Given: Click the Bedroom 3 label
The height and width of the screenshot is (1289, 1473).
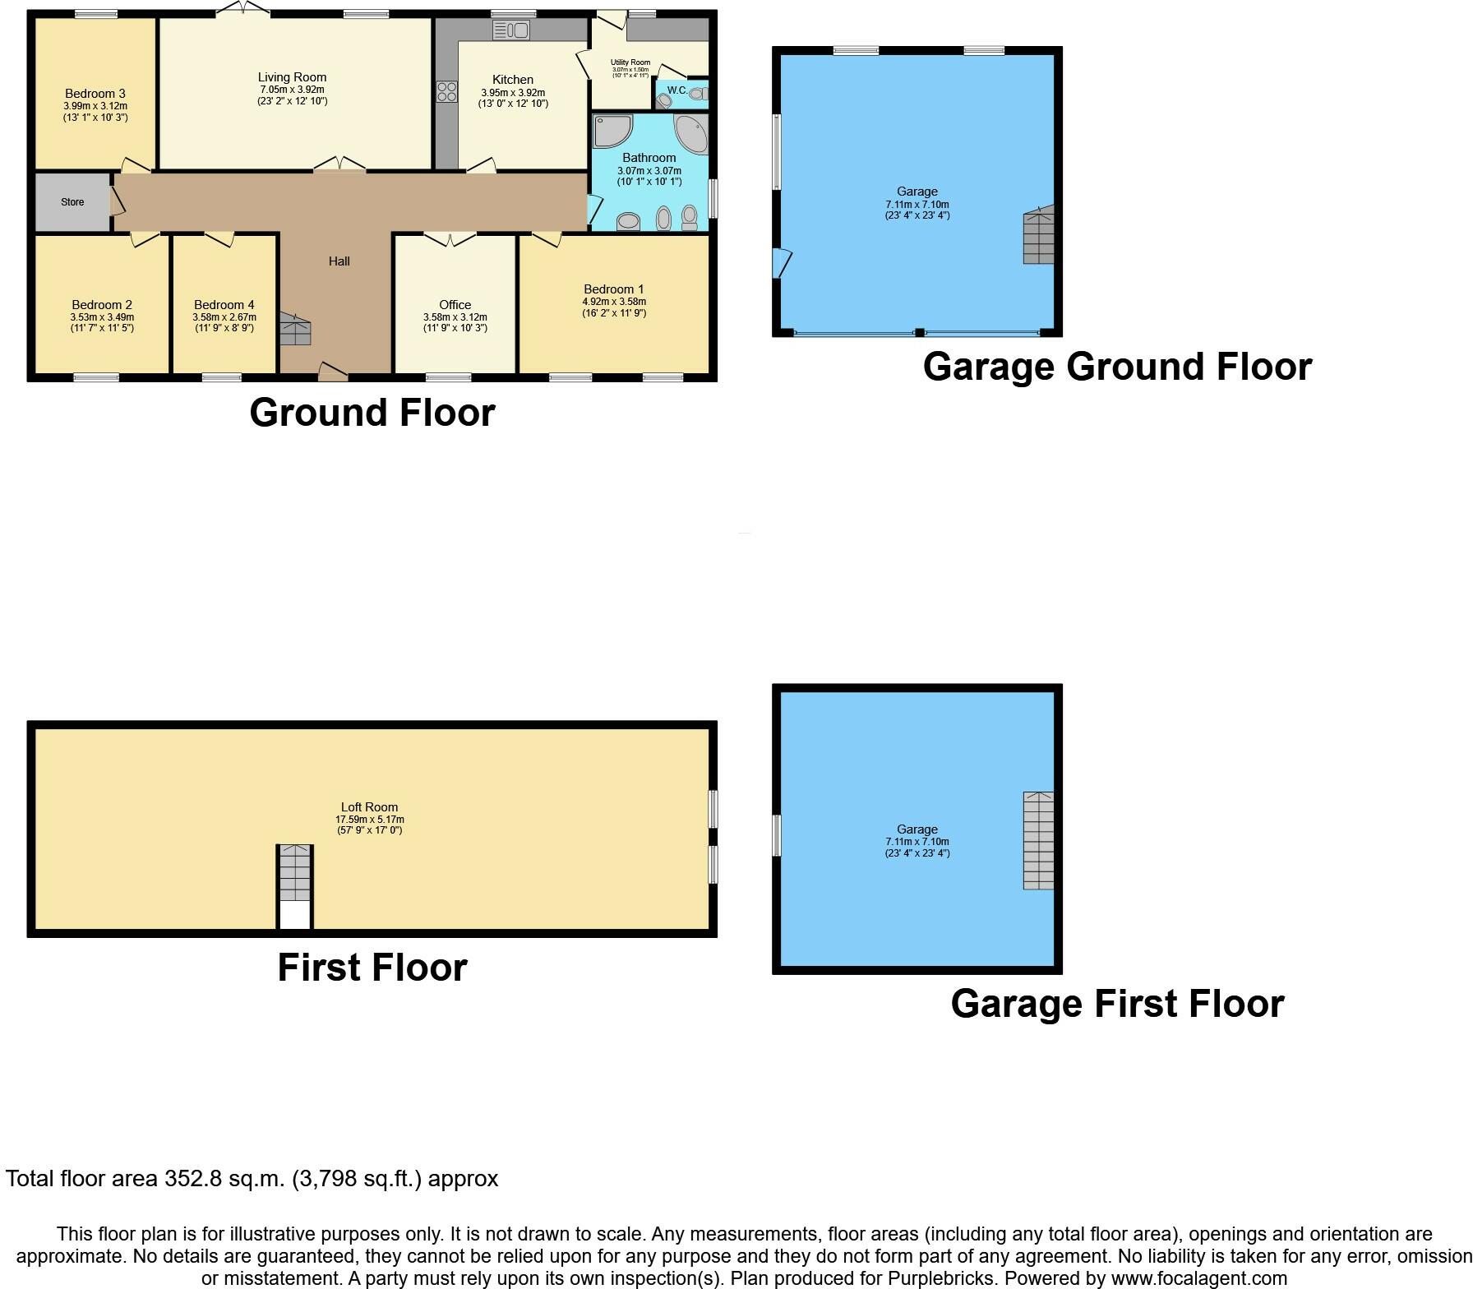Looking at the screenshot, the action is [95, 94].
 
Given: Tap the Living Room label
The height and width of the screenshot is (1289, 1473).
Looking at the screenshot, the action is [292, 77].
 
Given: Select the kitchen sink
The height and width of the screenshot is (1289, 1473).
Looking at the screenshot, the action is [511, 30].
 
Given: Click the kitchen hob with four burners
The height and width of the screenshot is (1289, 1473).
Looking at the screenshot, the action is [447, 91].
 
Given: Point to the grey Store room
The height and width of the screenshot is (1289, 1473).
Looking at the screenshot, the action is [72, 202].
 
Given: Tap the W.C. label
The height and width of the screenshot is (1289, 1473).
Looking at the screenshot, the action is [677, 90].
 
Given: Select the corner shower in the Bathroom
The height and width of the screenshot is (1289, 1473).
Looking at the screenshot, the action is [612, 132].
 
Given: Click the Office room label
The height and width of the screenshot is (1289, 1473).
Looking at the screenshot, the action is [455, 305].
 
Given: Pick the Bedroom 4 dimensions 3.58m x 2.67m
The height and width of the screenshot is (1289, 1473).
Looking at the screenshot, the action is [224, 317].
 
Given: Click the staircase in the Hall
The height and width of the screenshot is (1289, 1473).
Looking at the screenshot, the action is [295, 329].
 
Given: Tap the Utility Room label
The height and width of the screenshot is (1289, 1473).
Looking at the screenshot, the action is [630, 62].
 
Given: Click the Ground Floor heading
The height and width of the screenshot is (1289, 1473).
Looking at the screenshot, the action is [372, 413].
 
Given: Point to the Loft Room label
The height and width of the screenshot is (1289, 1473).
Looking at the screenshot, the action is [370, 807].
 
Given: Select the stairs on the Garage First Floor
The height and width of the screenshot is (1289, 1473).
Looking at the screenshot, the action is [1038, 840].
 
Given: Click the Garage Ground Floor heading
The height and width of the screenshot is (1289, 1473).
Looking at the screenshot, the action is [1117, 367].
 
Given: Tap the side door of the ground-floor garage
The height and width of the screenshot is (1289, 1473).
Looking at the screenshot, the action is [781, 264].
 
